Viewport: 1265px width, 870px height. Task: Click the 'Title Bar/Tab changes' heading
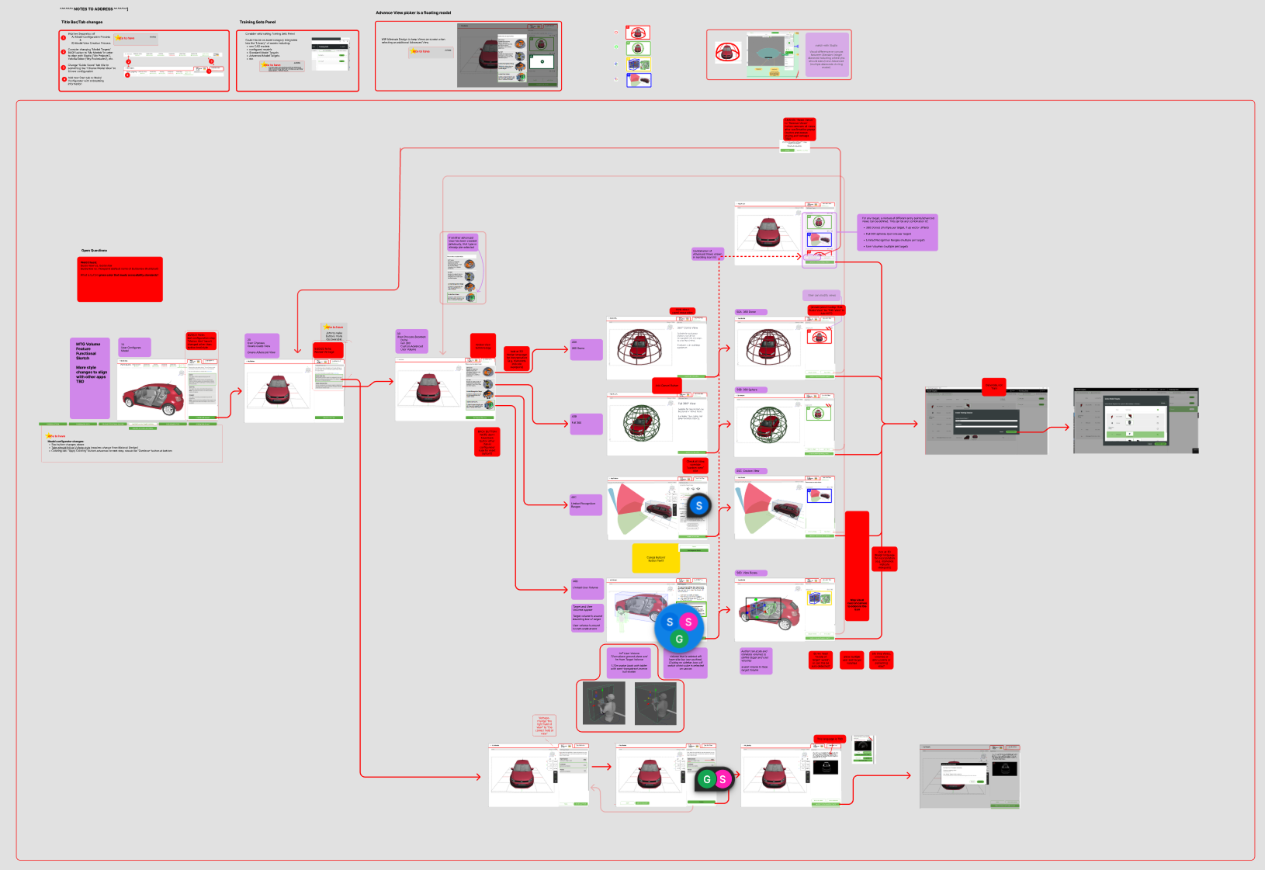coord(81,22)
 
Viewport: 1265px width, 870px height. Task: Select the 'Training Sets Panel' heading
coord(257,22)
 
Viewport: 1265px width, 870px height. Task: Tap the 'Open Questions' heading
coord(94,251)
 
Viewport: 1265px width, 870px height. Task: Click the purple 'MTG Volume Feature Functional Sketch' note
coord(89,378)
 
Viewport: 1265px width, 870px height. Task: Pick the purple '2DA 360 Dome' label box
coord(586,349)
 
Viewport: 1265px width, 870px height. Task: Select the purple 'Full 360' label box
coord(586,424)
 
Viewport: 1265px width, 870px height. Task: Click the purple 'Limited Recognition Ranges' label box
coord(586,505)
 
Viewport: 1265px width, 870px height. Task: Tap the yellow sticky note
coord(656,558)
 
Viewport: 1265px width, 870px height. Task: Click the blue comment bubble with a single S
coord(698,505)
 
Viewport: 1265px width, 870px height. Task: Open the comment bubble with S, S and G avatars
coord(679,628)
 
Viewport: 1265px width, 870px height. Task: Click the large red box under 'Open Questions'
coord(120,279)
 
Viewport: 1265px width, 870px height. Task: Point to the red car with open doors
coord(153,398)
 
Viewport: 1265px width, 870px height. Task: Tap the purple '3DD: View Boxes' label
coord(750,573)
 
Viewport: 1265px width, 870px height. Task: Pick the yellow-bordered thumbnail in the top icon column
coord(638,64)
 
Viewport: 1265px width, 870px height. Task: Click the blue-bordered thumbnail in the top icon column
coord(638,79)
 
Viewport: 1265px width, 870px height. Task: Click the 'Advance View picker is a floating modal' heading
coord(413,12)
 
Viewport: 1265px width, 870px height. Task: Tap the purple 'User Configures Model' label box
coord(134,348)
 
